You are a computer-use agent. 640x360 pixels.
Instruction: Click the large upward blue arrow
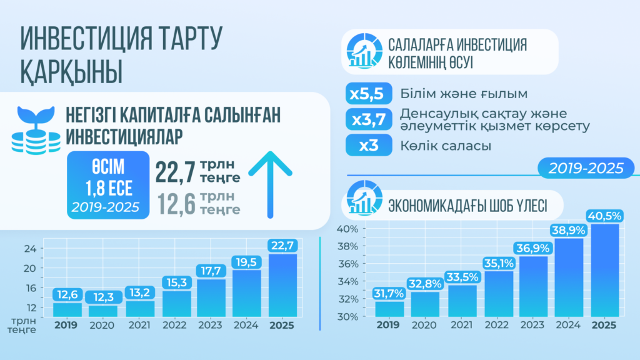point(270,184)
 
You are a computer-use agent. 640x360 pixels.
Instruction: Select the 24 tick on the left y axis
point(29,248)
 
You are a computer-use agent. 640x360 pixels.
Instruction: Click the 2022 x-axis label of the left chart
point(175,326)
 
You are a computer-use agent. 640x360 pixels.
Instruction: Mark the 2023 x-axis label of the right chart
point(532,326)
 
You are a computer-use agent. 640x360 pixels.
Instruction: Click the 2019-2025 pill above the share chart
point(586,168)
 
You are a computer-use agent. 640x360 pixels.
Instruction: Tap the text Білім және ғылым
point(464,94)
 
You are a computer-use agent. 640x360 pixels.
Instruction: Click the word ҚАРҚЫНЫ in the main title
point(71,70)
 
